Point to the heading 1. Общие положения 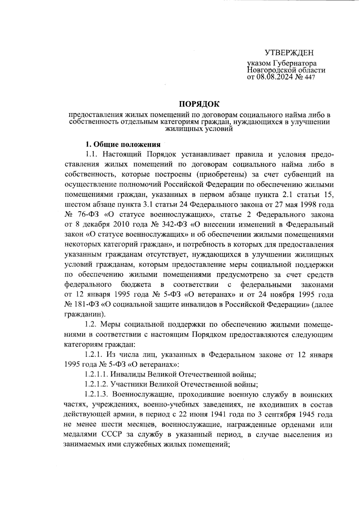pyautogui.click(x=123, y=144)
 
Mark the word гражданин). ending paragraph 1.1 pyautogui.click(x=85, y=314)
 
